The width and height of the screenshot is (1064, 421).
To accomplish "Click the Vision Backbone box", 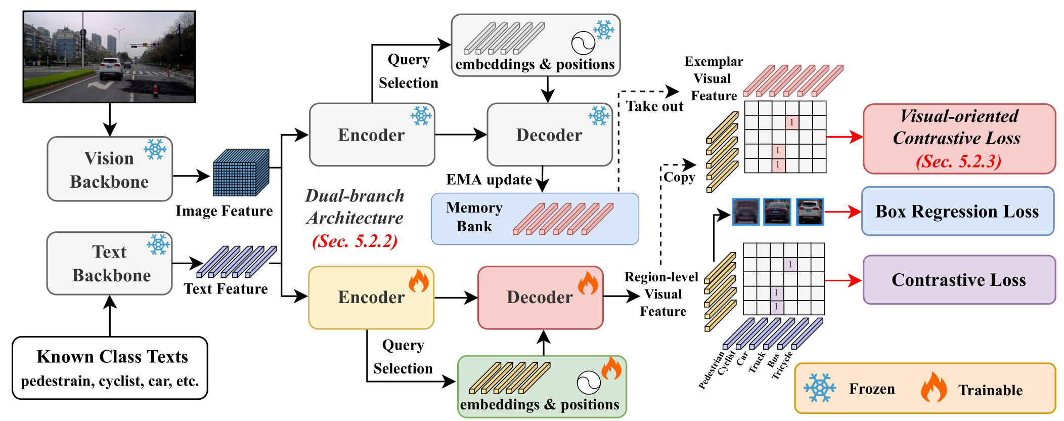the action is [110, 169].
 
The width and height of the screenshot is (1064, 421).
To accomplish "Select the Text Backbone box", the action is [110, 263].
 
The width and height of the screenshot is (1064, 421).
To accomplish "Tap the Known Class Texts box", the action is [110, 368].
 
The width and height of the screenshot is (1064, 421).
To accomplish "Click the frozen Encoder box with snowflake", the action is [372, 135].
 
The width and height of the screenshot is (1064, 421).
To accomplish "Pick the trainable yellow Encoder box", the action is [371, 298].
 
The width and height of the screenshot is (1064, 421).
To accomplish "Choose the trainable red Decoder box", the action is [541, 298].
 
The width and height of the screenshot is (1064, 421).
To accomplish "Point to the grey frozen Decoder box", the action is [550, 135].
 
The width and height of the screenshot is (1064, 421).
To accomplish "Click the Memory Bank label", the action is [474, 217].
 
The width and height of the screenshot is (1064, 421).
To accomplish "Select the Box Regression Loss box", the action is [958, 211].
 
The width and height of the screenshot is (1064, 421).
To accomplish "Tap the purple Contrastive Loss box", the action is [959, 280].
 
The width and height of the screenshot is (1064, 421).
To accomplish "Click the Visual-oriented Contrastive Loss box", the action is [959, 139].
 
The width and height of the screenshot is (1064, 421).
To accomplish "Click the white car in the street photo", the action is [111, 69].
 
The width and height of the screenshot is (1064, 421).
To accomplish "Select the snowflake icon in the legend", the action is [820, 388].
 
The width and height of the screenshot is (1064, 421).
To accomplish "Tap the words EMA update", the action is [489, 180].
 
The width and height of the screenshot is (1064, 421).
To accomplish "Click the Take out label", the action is [655, 106].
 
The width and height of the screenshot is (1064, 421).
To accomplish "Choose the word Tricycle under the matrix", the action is [782, 365].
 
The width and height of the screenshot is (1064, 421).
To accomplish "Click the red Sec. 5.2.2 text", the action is [355, 241].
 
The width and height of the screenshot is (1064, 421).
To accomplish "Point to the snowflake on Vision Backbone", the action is [155, 149].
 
